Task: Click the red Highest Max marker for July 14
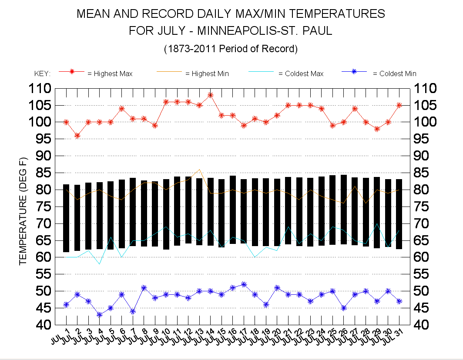[210, 95]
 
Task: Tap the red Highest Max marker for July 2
[77, 136]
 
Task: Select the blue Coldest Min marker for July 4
[100, 314]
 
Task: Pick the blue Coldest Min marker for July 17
[244, 284]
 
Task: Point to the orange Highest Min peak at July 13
[199, 170]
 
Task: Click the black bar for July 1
[66, 218]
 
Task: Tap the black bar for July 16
[233, 210]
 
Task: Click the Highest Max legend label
[110, 74]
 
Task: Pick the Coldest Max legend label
[301, 74]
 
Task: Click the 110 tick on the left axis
[40, 89]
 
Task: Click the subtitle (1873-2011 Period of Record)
[231, 49]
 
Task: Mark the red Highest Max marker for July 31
[399, 105]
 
